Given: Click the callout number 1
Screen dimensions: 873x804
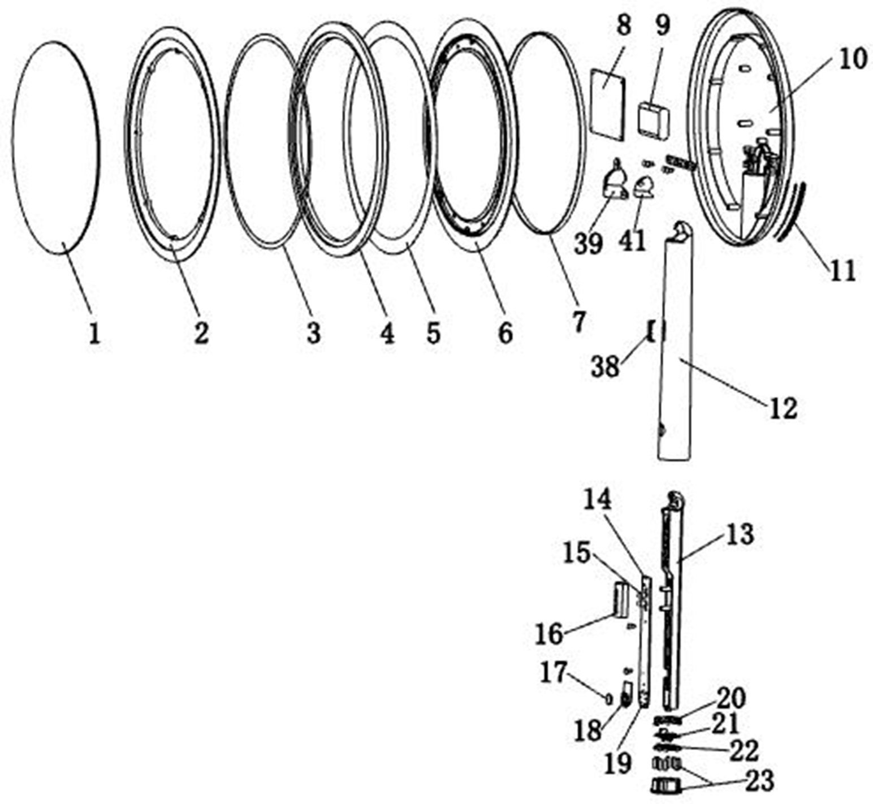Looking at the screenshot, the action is (94, 333).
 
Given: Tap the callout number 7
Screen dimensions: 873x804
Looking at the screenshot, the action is (578, 321).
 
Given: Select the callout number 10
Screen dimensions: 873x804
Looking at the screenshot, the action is (852, 58).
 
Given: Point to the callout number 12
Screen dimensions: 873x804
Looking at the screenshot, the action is (782, 408).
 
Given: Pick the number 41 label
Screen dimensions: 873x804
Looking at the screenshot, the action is (632, 241).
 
